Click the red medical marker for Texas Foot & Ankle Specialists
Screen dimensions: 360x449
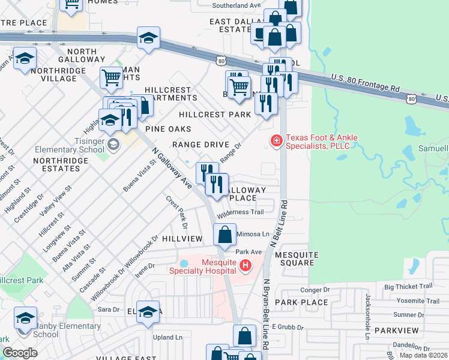[x=276, y=142]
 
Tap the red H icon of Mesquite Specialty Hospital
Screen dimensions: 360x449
[x=245, y=265]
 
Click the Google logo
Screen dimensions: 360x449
[x=20, y=353]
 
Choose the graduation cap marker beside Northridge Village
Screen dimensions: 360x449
[x=25, y=59]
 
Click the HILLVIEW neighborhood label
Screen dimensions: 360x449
[x=183, y=238]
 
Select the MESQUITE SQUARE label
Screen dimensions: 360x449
[x=295, y=259]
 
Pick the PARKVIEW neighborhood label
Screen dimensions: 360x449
[x=397, y=331]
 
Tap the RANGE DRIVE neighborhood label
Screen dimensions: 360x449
[x=200, y=145]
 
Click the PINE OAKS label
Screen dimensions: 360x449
[x=168, y=129]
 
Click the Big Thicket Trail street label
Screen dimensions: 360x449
[x=408, y=287]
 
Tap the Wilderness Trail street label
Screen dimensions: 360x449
[x=241, y=212]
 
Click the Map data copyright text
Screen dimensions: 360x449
[x=423, y=355]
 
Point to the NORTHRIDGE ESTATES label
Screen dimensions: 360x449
[x=56, y=164]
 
